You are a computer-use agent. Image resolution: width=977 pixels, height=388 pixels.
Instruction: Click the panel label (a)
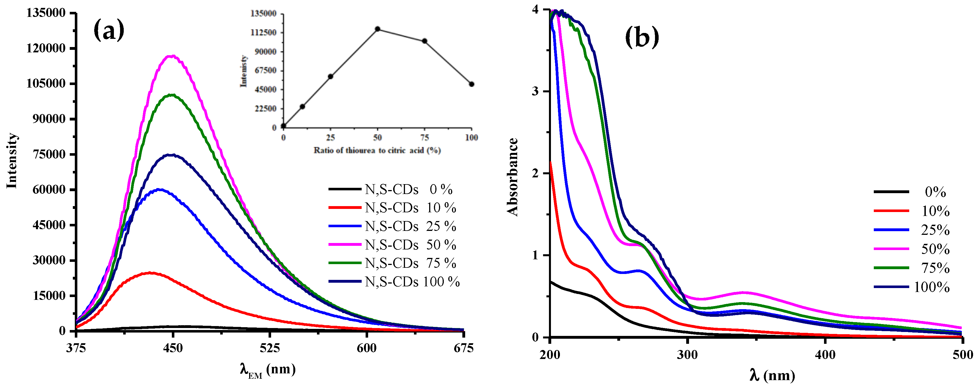[109, 30]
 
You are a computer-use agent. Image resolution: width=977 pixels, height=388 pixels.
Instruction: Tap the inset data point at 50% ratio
[377, 29]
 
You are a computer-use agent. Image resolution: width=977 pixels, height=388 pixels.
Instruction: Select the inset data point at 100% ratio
[471, 84]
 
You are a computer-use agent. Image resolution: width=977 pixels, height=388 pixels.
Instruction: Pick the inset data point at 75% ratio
[425, 41]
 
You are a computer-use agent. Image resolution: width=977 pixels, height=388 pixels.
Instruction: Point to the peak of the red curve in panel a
[151, 273]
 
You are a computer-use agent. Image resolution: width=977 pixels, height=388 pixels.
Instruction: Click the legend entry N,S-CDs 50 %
[410, 245]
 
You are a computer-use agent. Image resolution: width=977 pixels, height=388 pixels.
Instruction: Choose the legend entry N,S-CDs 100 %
[412, 282]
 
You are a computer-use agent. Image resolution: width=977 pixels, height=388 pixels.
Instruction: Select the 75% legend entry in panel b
[935, 268]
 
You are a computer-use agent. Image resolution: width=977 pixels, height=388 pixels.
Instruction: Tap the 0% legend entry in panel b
[935, 192]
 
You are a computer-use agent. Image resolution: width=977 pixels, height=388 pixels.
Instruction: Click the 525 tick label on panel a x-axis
[270, 348]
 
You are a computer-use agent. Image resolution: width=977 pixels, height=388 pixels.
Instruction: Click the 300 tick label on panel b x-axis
[687, 354]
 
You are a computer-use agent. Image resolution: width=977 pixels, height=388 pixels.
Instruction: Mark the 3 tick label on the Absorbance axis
[535, 92]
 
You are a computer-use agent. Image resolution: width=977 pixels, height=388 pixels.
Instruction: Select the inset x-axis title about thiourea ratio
[377, 150]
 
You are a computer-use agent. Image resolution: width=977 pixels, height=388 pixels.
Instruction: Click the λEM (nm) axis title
[268, 369]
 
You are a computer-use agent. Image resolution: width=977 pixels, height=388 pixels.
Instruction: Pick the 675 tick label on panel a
[463, 348]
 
